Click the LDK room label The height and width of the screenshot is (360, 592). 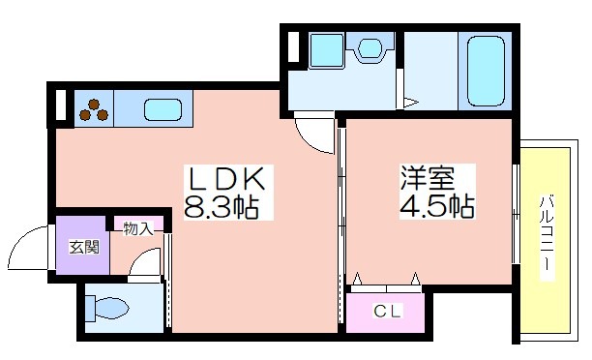[226, 179]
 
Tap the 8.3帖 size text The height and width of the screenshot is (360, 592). [222, 207]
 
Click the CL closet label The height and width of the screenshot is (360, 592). [387, 312]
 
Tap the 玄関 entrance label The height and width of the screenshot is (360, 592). [84, 247]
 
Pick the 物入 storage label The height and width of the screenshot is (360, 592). [138, 228]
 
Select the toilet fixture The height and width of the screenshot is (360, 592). [106, 308]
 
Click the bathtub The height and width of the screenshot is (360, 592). [486, 71]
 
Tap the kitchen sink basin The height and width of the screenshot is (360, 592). [163, 110]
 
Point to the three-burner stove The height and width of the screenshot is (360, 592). [94, 108]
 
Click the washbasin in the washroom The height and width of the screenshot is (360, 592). [370, 46]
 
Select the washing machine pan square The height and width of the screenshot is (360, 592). [327, 50]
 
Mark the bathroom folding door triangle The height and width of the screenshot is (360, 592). [411, 102]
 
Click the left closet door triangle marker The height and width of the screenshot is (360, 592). [357, 279]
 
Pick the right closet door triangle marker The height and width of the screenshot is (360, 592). [415, 279]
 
